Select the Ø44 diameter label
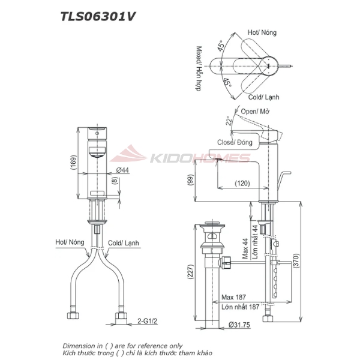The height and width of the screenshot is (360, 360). [x=122, y=170]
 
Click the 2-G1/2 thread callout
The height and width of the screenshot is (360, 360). [x=146, y=322]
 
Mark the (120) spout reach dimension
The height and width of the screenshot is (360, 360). [x=242, y=183]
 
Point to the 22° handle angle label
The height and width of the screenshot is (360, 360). [x=229, y=121]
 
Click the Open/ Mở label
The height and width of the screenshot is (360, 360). [x=255, y=112]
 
